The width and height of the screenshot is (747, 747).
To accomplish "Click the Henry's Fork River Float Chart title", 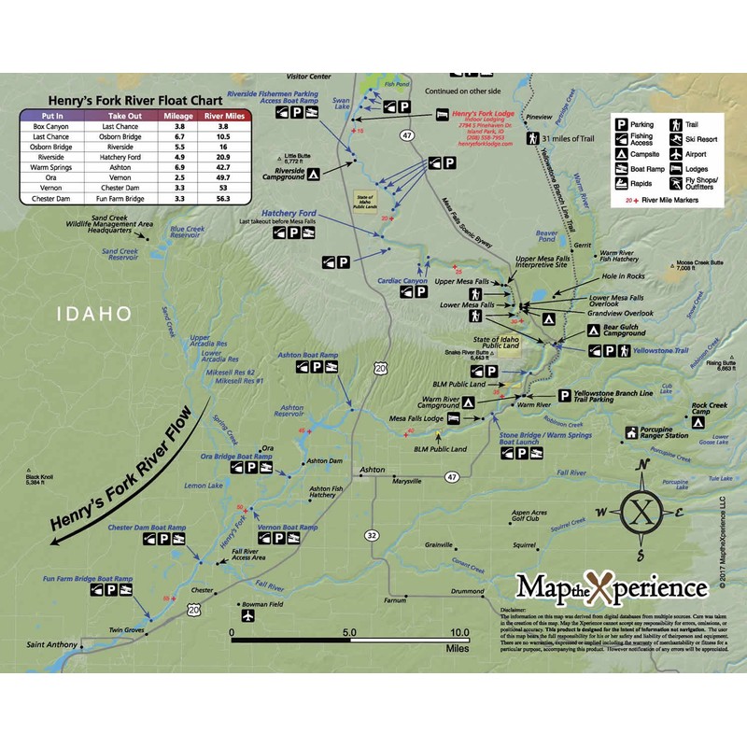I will pyautogui.click(x=135, y=99).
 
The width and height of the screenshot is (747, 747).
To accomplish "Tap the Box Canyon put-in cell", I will pyautogui.click(x=51, y=126).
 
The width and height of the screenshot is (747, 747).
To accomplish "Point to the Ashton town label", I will pyautogui.click(x=372, y=468).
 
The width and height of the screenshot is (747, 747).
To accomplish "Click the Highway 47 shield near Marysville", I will pyautogui.click(x=452, y=476).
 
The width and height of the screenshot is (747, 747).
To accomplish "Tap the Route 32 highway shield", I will pyautogui.click(x=372, y=535).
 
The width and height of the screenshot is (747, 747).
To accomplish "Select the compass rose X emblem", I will pyautogui.click(x=640, y=512).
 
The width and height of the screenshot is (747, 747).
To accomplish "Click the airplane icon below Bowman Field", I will pyautogui.click(x=247, y=617).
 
